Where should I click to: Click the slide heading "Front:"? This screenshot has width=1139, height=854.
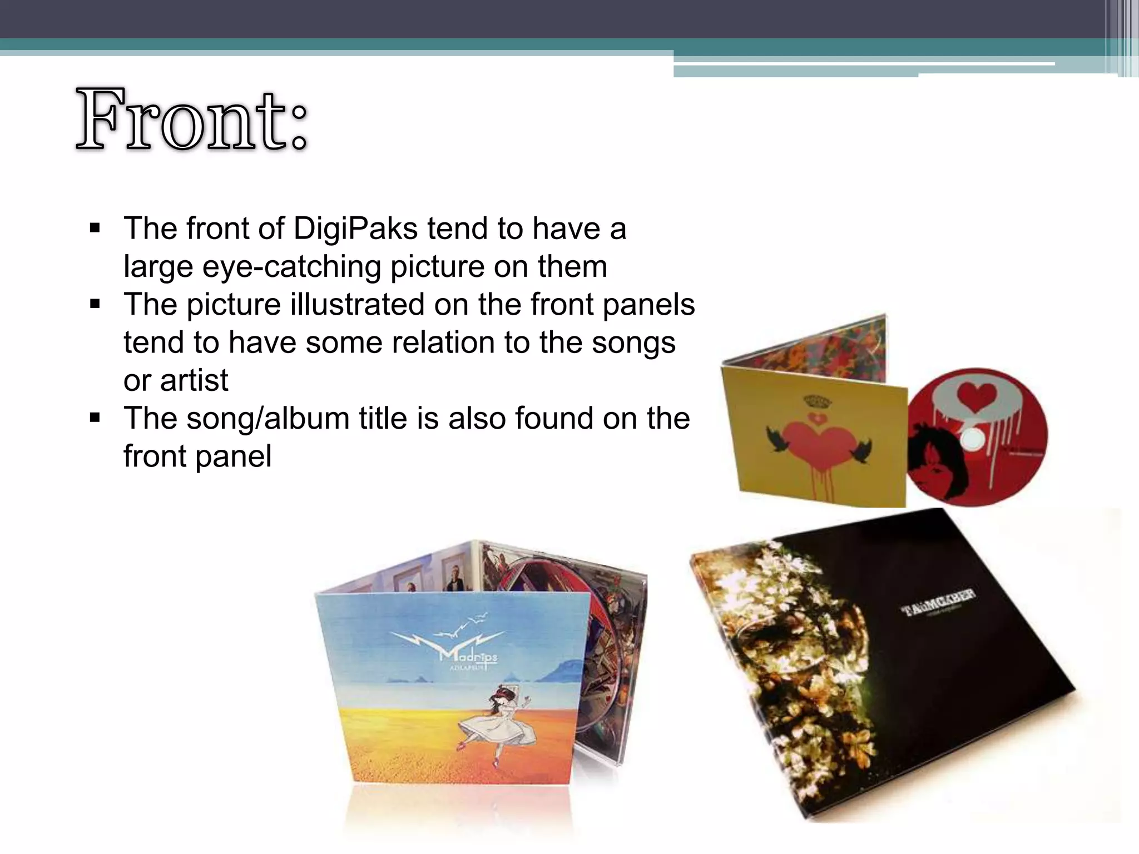[192, 120]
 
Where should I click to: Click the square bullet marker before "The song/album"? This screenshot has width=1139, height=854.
[95, 418]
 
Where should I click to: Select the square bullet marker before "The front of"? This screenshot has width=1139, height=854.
[95, 228]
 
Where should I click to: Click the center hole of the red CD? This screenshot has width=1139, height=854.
[971, 439]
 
